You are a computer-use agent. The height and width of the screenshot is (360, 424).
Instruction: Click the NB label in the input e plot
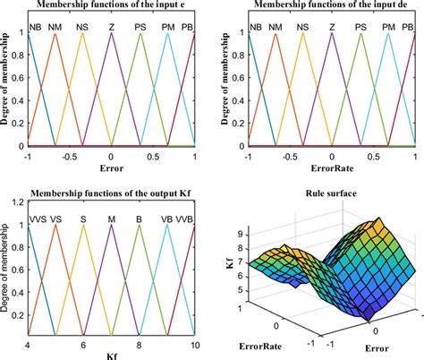coord(35,28)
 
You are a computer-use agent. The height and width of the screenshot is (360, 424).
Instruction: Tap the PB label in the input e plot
coord(185,28)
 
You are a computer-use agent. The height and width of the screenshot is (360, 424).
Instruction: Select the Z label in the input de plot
coord(331,28)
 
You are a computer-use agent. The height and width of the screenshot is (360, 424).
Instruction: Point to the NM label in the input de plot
coord(276,28)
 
